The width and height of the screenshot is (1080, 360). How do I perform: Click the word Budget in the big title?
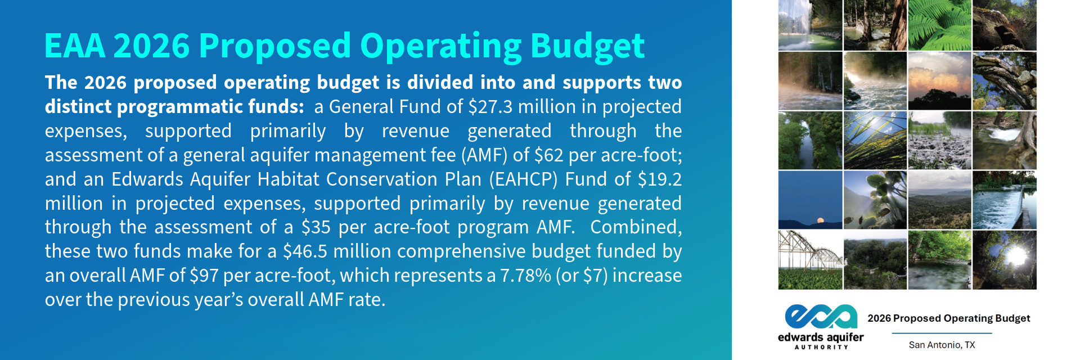click(x=587, y=47)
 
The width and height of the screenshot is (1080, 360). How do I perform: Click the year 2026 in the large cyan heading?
click(x=152, y=46)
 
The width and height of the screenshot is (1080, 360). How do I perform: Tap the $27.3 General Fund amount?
click(x=490, y=106)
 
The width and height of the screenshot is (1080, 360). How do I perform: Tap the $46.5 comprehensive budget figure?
click(x=305, y=251)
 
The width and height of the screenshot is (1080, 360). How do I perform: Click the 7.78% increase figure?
click(x=525, y=276)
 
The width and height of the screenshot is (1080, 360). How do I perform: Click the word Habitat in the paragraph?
click(x=289, y=179)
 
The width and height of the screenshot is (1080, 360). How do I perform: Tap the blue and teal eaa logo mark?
click(x=821, y=317)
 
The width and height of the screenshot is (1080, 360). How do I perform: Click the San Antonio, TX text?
click(x=942, y=345)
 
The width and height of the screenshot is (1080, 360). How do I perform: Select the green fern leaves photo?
click(x=939, y=25)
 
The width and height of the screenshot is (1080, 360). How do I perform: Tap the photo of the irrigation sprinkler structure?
click(x=810, y=260)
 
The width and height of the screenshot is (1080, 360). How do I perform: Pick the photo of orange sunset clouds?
click(x=939, y=81)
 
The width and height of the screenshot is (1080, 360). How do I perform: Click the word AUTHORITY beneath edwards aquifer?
click(x=821, y=347)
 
